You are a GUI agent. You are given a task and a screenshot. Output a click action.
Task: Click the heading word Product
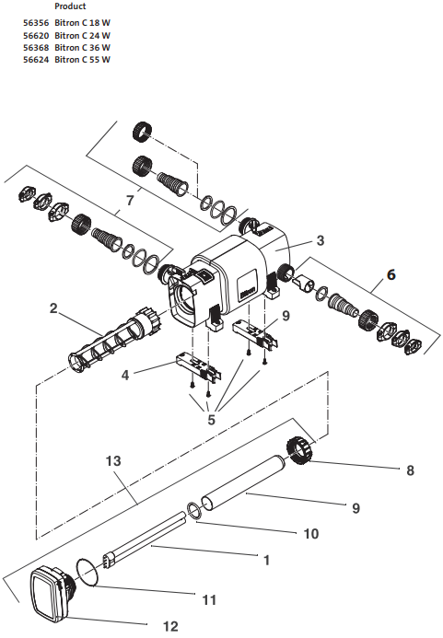70,6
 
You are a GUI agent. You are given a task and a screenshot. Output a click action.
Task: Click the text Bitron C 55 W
83,59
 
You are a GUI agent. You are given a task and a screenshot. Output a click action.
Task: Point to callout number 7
130,199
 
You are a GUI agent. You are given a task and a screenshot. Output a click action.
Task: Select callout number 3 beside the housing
320,241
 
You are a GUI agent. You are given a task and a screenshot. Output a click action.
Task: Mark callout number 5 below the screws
211,420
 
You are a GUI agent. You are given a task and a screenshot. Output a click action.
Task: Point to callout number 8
410,470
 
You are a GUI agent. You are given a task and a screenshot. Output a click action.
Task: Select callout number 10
311,533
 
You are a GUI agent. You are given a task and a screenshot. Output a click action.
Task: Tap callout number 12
169,626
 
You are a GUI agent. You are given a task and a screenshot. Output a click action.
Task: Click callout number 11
209,599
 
